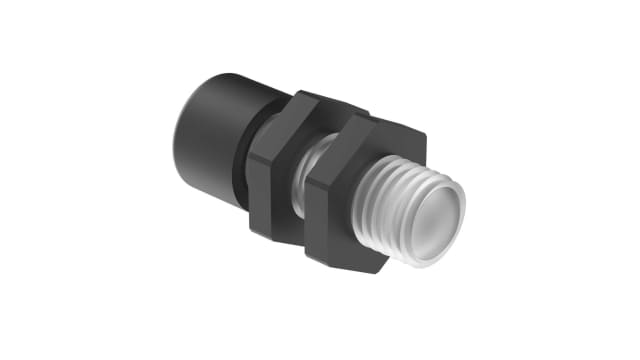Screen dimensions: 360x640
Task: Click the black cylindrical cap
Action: pyautogui.click(x=215, y=130)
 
